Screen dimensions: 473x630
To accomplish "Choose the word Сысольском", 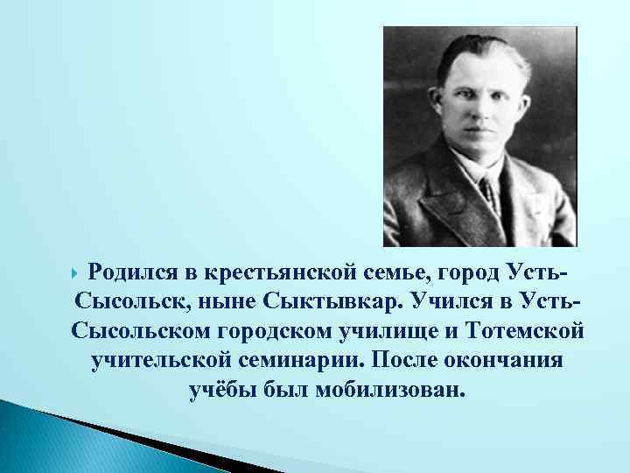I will coord(148,333).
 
